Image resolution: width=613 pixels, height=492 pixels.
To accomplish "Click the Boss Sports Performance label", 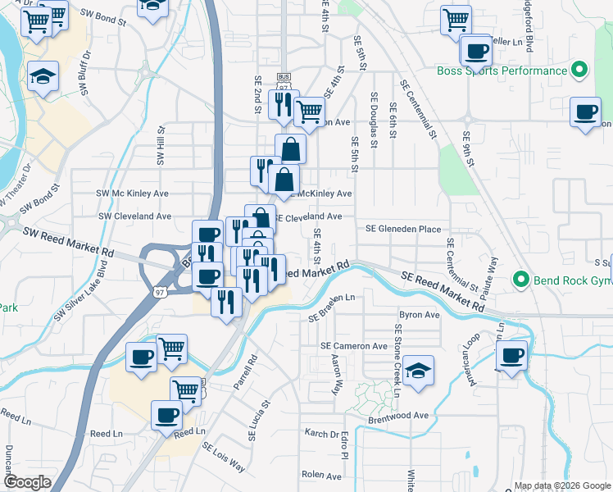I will [502, 71].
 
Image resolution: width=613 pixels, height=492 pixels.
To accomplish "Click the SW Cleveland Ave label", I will [134, 216].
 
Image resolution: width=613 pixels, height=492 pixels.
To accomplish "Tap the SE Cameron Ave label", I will [353, 346].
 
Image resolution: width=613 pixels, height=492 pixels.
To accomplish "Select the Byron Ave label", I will [420, 315].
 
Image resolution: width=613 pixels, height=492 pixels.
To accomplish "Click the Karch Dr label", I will [322, 434].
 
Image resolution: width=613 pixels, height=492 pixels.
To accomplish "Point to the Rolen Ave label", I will [321, 474].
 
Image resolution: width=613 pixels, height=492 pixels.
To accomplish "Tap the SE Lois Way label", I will [224, 456].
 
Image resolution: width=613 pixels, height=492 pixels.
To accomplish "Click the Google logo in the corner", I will [27, 482].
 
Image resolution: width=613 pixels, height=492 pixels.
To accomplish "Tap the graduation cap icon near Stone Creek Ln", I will [418, 371].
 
